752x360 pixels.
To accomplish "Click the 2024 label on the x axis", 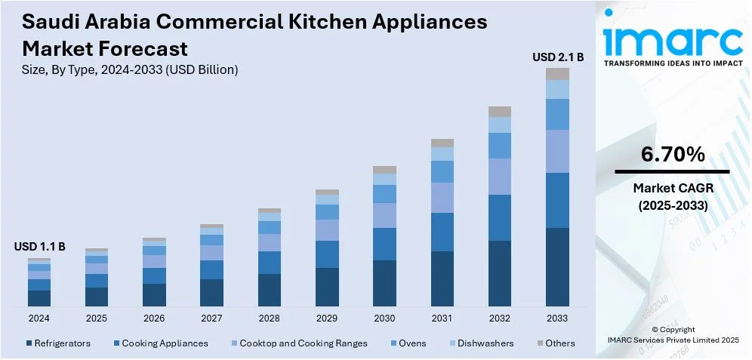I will tap(39, 318).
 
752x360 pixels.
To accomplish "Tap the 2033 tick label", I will tap(557, 318).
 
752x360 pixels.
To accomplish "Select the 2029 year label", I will tap(327, 318).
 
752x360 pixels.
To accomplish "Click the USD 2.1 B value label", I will tap(557, 57).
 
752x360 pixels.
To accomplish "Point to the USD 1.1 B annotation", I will tap(39, 247).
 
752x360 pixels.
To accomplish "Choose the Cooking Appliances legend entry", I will tap(160, 343).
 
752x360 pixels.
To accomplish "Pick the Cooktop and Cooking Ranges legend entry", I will tap(298, 343).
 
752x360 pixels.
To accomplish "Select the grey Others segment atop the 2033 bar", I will tap(557, 74).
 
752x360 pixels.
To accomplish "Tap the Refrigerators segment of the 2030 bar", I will tap(384, 283).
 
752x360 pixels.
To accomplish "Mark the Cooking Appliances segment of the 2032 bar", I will tap(500, 218).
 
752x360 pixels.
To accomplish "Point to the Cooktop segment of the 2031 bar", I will tap(442, 198).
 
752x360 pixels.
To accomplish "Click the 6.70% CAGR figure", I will tap(673, 155).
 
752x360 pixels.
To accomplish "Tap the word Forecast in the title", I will tap(144, 50).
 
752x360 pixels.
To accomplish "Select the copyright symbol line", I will tap(673, 330).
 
